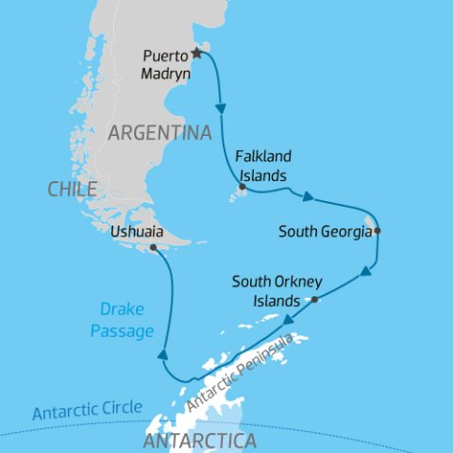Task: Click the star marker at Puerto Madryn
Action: coord(197,53)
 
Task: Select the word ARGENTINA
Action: coord(159,133)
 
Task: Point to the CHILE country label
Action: coord(72,190)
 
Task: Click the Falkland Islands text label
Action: coord(260,167)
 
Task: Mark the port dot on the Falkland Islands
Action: coord(243,188)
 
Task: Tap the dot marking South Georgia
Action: coord(377,230)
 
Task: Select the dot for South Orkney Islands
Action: coord(314,300)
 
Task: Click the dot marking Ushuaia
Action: coord(152,248)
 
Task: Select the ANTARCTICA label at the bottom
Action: coord(198,441)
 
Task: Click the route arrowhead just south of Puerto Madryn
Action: coord(222,109)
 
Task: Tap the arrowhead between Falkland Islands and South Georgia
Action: coord(308,196)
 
